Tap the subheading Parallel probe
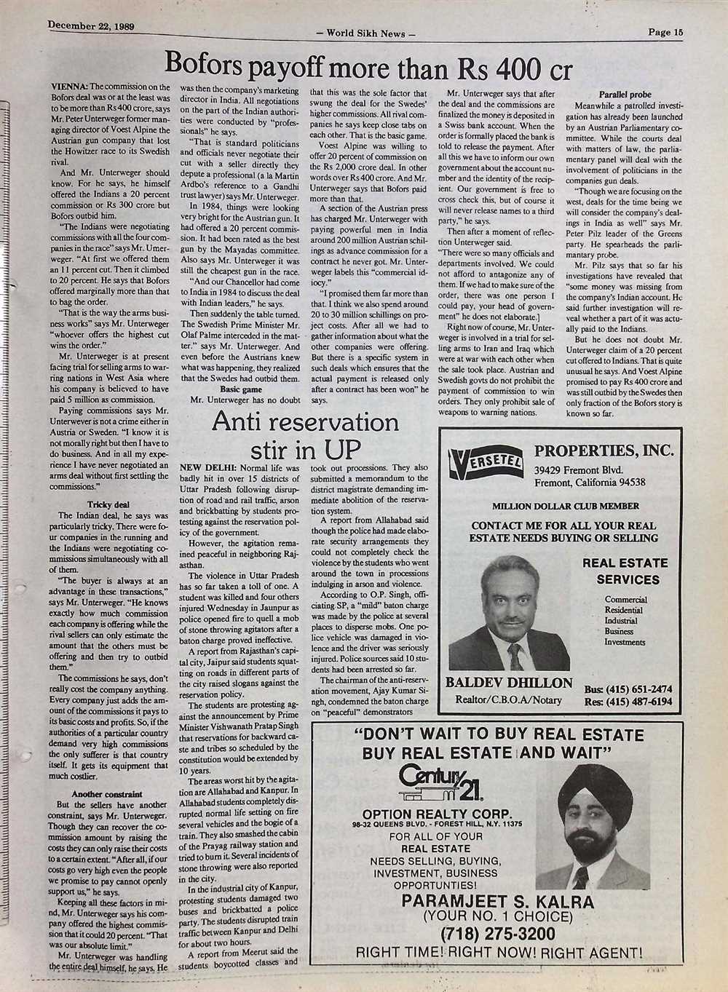624,95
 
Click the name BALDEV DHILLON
508,683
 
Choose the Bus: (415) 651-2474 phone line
628,689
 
